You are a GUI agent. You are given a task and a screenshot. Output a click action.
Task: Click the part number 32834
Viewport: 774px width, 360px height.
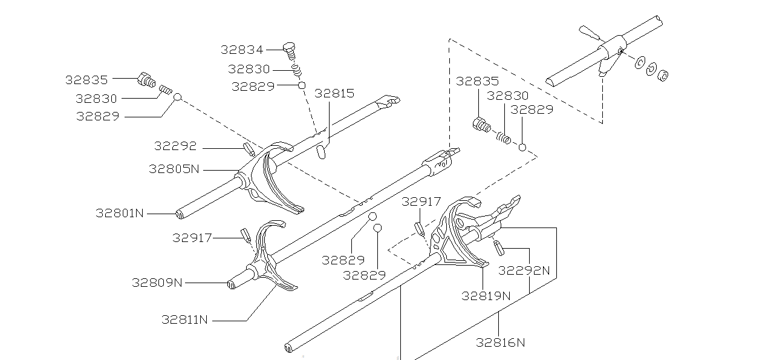pyautogui.click(x=242, y=50)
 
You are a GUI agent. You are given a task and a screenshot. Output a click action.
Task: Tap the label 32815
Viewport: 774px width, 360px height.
pyautogui.click(x=334, y=93)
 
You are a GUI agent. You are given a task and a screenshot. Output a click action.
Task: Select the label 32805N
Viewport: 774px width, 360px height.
pyautogui.click(x=174, y=169)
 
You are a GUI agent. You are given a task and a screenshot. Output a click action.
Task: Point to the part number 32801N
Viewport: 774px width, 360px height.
pyautogui.click(x=120, y=213)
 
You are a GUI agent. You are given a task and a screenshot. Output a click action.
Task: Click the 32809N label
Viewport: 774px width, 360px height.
pyautogui.click(x=157, y=283)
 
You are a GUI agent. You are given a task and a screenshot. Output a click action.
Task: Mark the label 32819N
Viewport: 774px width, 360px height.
pyautogui.click(x=486, y=296)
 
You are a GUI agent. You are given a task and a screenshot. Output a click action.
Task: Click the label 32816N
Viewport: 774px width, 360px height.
pyautogui.click(x=500, y=342)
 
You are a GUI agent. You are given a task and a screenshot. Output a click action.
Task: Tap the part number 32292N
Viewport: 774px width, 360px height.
pyautogui.click(x=524, y=270)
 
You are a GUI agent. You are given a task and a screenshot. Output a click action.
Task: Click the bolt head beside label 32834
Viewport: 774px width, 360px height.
pyautogui.click(x=289, y=46)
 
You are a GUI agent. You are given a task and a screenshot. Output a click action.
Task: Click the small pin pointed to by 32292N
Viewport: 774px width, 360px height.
pyautogui.click(x=499, y=247)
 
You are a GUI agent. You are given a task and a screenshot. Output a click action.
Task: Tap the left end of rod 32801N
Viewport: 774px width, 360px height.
pyautogui.click(x=180, y=214)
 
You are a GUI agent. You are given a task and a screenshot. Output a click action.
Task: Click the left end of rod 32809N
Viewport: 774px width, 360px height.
pyautogui.click(x=231, y=284)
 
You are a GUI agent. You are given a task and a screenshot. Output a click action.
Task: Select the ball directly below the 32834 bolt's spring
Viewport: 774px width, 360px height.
pyautogui.click(x=301, y=86)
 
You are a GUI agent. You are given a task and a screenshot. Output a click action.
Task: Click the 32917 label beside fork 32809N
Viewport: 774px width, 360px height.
pyautogui.click(x=192, y=238)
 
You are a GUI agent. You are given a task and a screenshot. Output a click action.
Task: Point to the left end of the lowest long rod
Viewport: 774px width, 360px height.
pyautogui.click(x=288, y=348)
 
